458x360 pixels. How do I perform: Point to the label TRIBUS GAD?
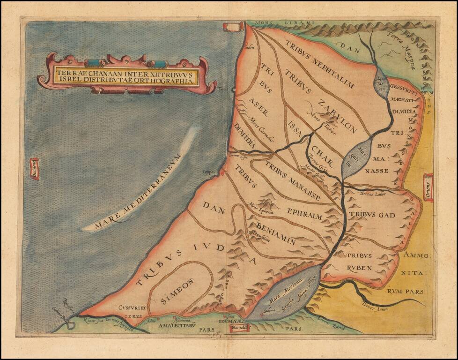(x=372, y=215)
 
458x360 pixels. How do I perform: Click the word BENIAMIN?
(x=275, y=234)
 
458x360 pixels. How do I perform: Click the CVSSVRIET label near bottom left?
(x=133, y=308)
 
